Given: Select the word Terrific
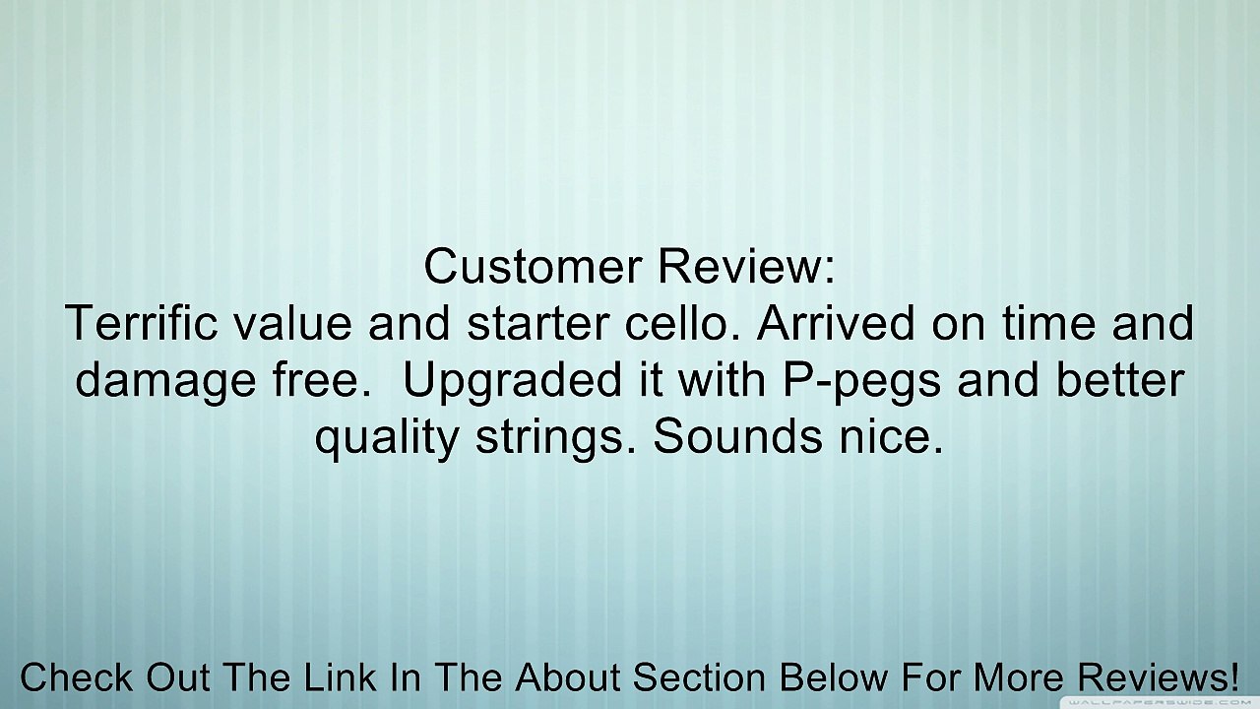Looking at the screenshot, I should tap(139, 324).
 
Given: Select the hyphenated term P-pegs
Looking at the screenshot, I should tap(861, 381).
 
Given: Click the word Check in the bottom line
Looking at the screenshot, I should tap(77, 677).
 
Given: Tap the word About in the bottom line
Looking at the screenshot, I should tap(569, 677).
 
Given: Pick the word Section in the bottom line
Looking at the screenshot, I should tap(698, 677).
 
